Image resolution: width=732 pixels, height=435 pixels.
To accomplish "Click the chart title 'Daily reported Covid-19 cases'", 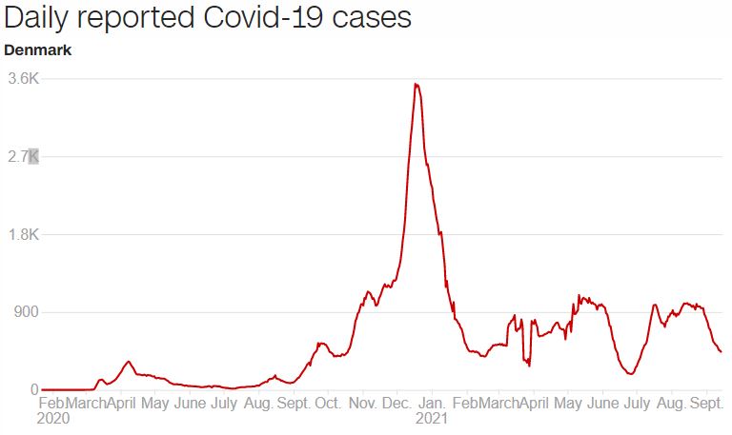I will [x=208, y=19].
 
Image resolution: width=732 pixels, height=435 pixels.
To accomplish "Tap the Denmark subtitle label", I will [x=37, y=49].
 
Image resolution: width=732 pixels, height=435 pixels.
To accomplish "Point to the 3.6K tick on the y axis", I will [x=22, y=79].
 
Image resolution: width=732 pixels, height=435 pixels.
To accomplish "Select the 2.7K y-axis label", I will [x=22, y=157].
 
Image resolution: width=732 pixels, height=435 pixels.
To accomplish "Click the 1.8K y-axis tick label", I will [x=22, y=235].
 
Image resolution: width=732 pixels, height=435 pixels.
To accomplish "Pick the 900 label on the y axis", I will [x=24, y=312].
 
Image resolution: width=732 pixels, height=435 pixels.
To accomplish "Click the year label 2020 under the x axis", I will [x=53, y=418].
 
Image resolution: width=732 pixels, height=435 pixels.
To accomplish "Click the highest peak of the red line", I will [x=416, y=85].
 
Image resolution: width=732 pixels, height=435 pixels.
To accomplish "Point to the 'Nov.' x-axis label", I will [x=363, y=404].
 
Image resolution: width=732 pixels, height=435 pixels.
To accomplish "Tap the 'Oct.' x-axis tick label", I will [x=328, y=404].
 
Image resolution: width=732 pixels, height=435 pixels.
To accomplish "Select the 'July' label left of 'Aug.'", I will [x=224, y=404].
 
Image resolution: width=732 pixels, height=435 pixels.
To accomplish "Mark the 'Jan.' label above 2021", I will [x=433, y=404].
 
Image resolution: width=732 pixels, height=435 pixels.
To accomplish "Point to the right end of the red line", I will [x=721, y=352].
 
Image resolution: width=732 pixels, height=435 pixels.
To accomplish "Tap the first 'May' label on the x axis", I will [x=155, y=404].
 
